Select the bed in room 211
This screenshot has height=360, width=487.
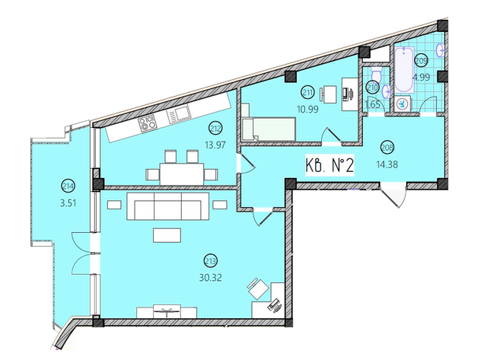(268, 128)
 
